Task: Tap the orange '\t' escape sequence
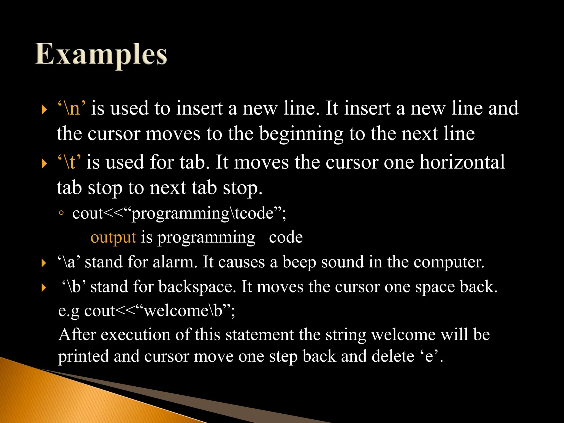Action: pos(69,162)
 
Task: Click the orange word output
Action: pos(113,237)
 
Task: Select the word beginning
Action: pos(301,134)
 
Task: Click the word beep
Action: pos(299,262)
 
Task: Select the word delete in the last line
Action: pos(393,356)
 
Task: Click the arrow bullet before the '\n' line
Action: pos(44,110)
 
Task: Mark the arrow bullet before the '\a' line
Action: pos(44,263)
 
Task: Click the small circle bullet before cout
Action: pos(61,213)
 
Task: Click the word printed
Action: pos(83,356)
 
